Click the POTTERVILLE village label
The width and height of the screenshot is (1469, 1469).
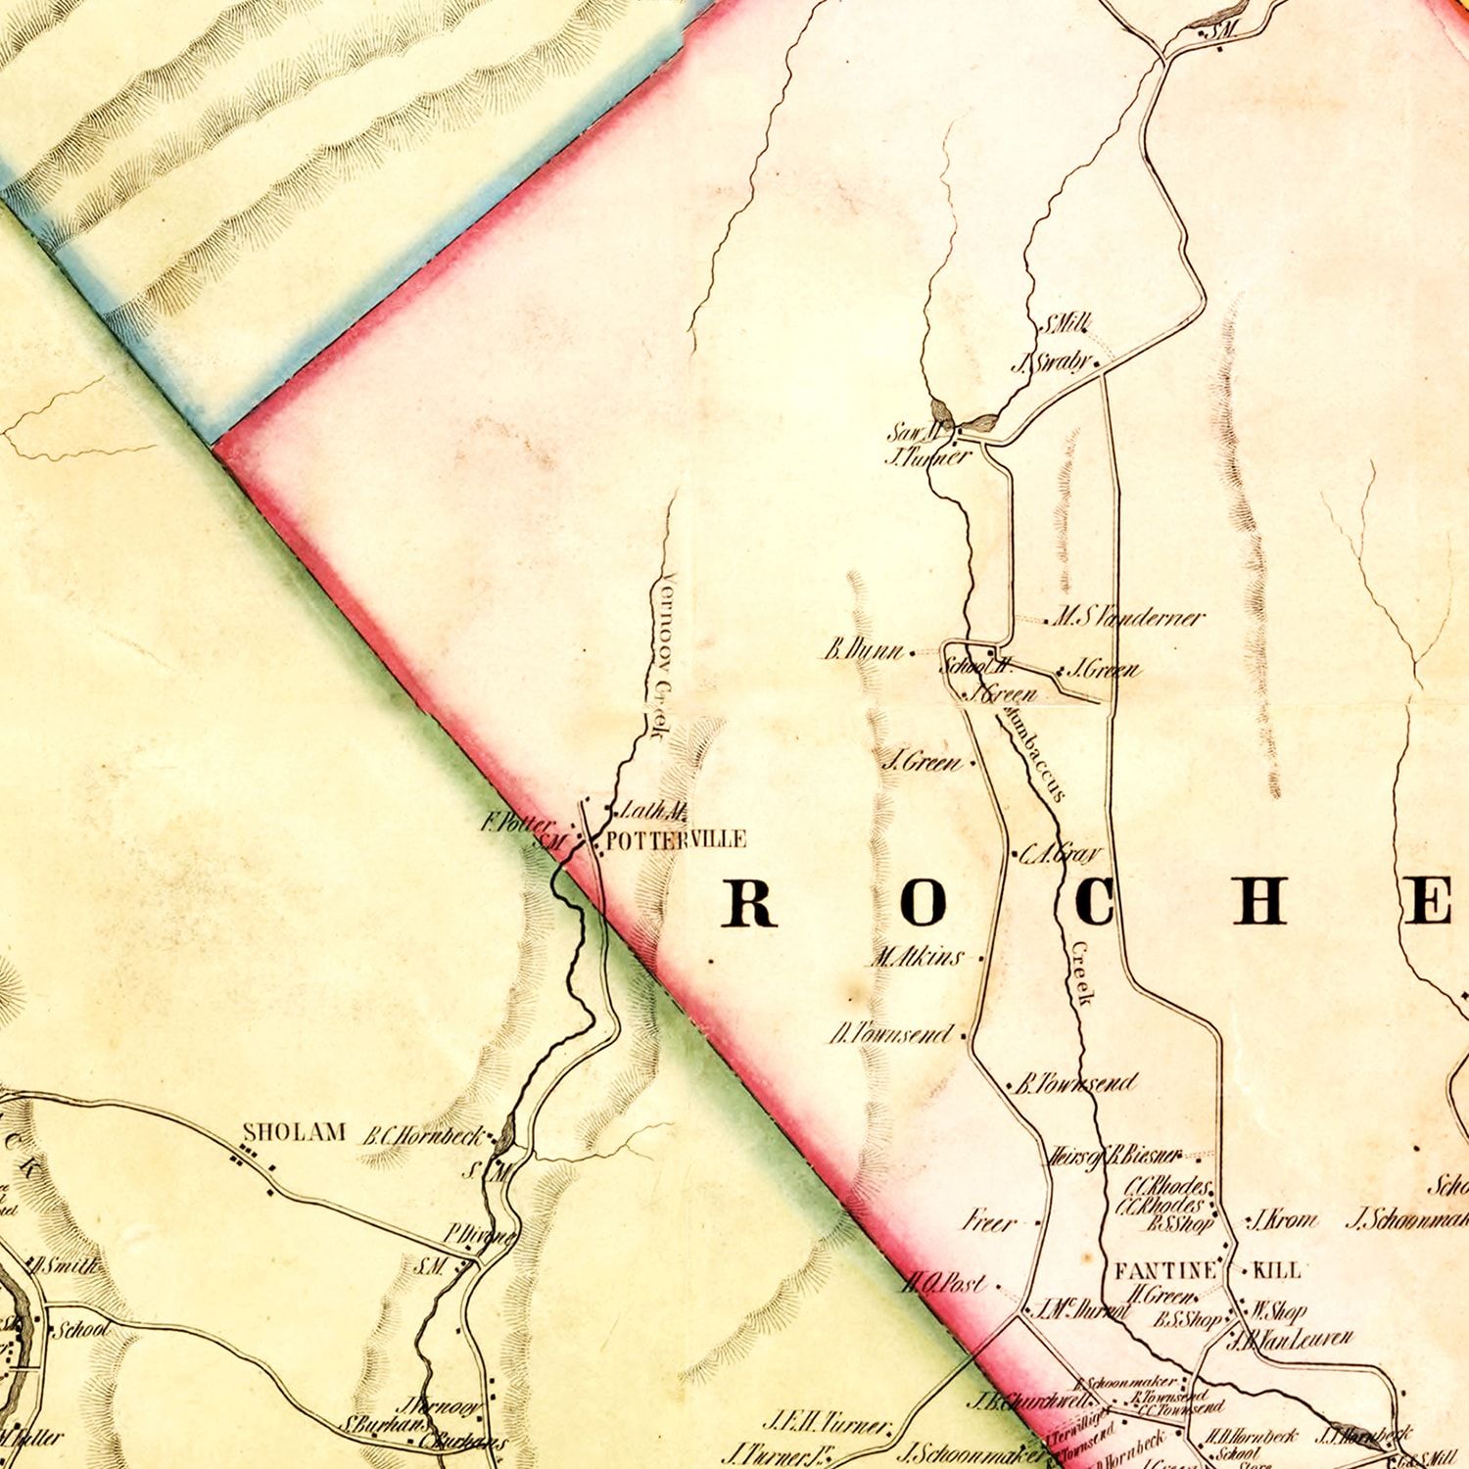(x=676, y=839)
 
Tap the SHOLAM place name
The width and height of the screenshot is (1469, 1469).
(x=294, y=1132)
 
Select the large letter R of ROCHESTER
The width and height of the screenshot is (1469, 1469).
(x=749, y=902)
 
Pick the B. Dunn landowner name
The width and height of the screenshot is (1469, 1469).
(x=863, y=649)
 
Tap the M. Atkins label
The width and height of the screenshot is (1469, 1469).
(x=919, y=957)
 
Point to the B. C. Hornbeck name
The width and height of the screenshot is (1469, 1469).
(x=423, y=1136)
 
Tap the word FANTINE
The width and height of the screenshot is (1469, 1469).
(x=1165, y=1270)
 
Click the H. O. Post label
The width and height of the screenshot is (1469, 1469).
(x=944, y=1282)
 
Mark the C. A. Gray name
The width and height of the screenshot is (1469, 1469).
(x=1061, y=854)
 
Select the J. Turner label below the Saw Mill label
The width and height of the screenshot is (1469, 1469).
(x=927, y=456)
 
